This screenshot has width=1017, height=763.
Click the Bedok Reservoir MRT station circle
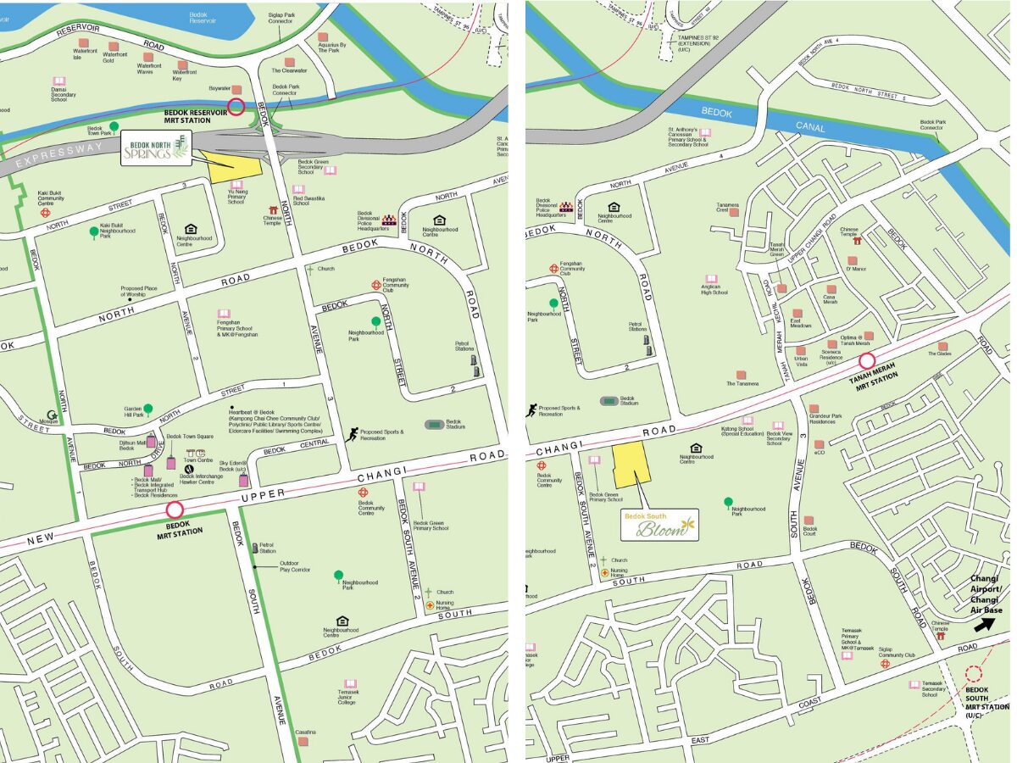pos(236,107)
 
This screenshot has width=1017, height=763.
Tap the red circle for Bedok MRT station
pos(175,510)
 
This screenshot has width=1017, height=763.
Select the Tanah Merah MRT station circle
pos(867,362)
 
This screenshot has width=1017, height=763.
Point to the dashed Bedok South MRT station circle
pos(974,674)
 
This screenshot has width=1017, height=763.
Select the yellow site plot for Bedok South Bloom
pos(631,464)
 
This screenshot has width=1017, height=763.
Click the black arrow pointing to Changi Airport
pos(984,625)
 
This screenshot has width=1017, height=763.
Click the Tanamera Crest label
pos(728,208)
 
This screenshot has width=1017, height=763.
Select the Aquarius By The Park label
pos(334,47)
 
